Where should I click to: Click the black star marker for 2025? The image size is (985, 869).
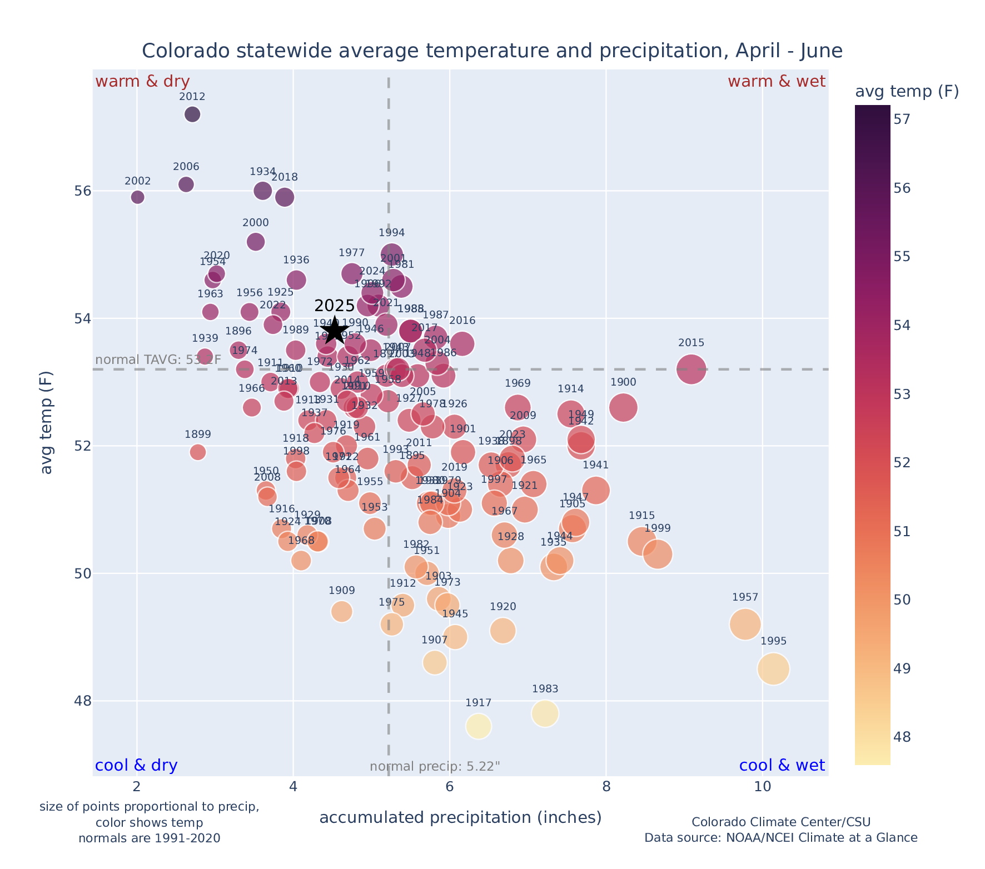[334, 331]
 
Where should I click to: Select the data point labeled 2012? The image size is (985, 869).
[192, 114]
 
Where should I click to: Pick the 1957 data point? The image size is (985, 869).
[745, 625]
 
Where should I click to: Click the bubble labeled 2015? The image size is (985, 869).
[692, 369]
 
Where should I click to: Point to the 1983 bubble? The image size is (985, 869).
[545, 713]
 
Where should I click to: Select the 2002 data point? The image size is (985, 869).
[138, 197]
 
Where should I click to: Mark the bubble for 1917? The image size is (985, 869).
[479, 726]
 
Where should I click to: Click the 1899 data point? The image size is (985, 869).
[198, 452]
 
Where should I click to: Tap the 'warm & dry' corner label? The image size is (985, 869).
[143, 82]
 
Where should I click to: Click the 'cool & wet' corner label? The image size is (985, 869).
[782, 766]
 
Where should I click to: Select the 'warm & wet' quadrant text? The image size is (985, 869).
[777, 82]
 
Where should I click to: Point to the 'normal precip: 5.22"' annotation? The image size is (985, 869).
[435, 767]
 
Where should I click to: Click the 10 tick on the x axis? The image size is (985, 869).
[763, 787]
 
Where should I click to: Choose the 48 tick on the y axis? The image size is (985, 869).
[82, 701]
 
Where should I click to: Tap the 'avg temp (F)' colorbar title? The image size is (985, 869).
[907, 92]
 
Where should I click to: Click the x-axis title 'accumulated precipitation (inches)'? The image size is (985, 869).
[460, 817]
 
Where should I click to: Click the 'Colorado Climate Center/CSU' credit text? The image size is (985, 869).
[781, 822]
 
